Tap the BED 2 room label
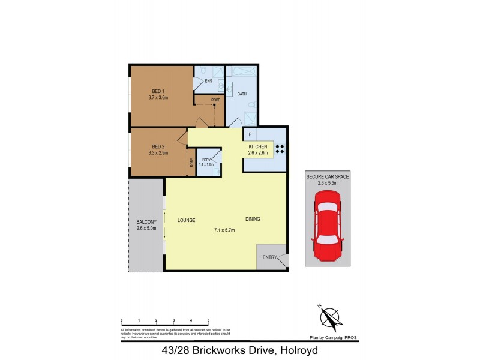click(158, 146)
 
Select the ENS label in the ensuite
click(208, 81)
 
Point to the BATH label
click(242, 94)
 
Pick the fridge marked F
click(250, 134)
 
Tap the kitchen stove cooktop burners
click(280, 148)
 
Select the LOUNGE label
click(187, 220)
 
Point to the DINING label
click(253, 219)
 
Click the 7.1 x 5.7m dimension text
click(224, 230)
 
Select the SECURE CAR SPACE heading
click(328, 177)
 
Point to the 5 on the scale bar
click(208, 320)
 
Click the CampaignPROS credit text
click(334, 338)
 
